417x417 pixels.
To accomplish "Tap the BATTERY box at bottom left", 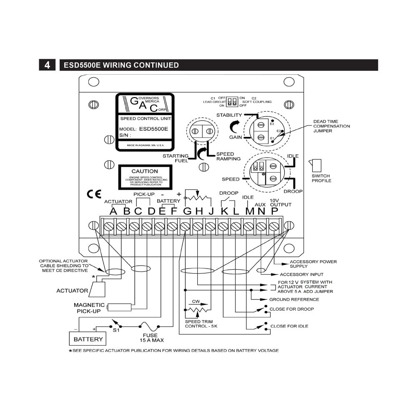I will point(88,339).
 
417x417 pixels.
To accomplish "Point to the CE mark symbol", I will point(94,194).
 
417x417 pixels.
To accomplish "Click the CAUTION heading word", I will point(145,171).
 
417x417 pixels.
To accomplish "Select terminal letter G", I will point(187,211).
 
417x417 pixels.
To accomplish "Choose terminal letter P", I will point(274,211).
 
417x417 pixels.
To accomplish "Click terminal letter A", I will point(113,211).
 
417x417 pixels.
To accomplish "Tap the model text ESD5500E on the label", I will point(153,129).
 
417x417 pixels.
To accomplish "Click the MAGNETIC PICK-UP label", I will point(89,308).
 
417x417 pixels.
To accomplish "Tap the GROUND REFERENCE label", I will point(294,299).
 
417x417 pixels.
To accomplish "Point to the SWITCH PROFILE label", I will point(322,178).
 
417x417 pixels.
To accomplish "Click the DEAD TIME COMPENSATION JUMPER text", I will point(332,126).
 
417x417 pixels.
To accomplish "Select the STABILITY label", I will point(229,115).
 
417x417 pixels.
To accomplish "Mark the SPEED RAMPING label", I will point(228,156).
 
